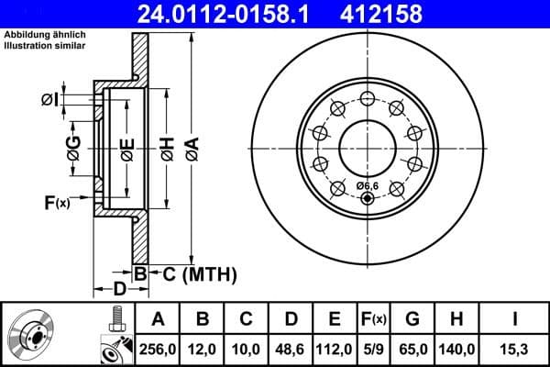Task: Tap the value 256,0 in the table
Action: (x=158, y=349)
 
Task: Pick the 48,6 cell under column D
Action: (x=291, y=349)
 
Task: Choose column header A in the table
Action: (x=158, y=319)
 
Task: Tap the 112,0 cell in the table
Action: (x=335, y=349)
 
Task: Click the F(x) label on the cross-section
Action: (x=56, y=201)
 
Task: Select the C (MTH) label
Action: (x=193, y=273)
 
